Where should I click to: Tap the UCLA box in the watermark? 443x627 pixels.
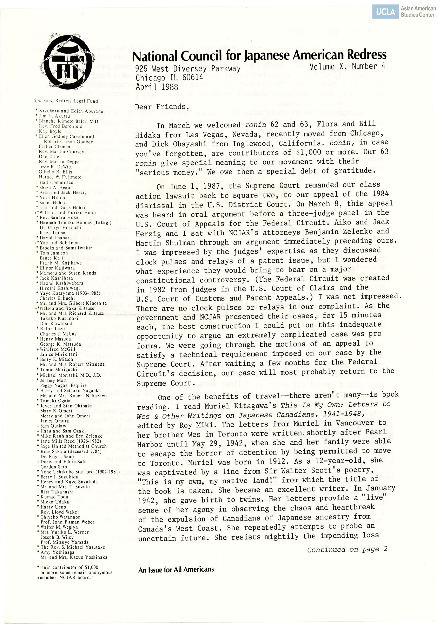coord(385,12)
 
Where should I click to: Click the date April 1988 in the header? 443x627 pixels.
coord(157,87)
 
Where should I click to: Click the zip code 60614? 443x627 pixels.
coord(193,78)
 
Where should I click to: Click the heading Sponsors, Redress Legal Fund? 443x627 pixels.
coord(66,101)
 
